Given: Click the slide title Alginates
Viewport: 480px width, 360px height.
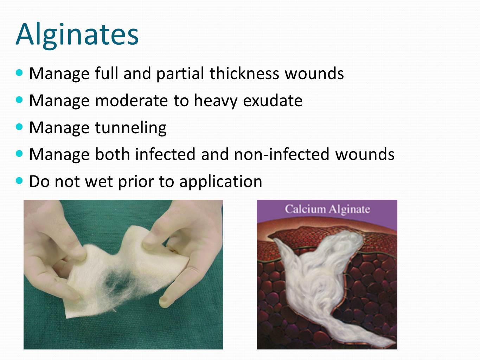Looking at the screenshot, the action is tap(77, 35).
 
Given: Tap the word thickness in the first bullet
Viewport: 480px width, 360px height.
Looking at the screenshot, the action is tap(244, 73).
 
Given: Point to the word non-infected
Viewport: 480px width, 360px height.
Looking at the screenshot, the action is tap(281, 154).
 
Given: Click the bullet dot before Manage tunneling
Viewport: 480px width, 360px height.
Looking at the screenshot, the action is tap(19, 127).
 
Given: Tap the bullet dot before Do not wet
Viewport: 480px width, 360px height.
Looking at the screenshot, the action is tap(19, 181).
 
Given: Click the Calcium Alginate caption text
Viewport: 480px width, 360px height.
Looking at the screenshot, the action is tap(327, 210).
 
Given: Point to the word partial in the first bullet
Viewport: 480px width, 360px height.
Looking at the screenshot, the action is tap(180, 74).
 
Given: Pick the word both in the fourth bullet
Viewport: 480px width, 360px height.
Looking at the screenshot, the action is tap(113, 154).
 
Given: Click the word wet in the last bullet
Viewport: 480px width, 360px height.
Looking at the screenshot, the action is tap(99, 182).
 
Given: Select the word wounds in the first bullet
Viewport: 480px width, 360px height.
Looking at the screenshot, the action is tap(314, 73).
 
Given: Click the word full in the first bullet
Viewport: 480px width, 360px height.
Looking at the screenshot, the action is tap(107, 73).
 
